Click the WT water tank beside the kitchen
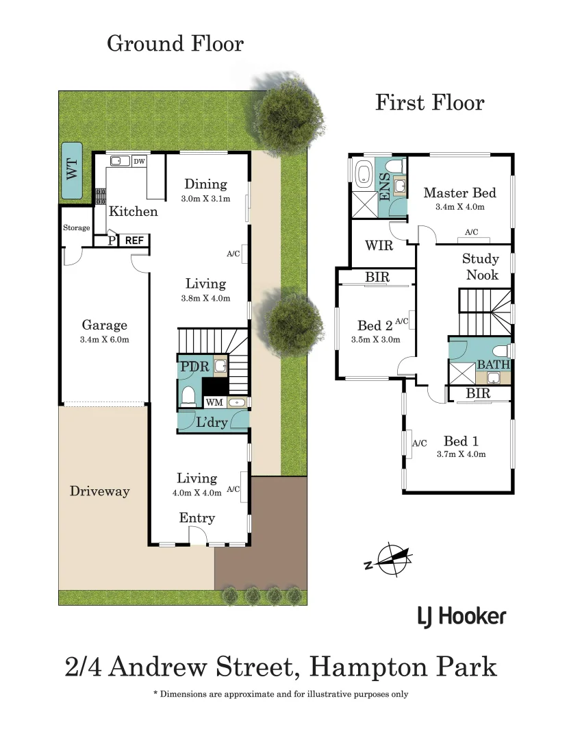coord(71,171)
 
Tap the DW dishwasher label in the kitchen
coord(139,161)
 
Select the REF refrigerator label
coord(134,241)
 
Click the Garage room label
coord(105,325)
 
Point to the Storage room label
coord(76,227)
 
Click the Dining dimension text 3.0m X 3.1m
coord(206,199)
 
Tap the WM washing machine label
coord(214,402)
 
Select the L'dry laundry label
coord(212,422)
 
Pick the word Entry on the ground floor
coord(197,518)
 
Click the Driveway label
coord(99,491)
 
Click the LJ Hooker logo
coord(461,616)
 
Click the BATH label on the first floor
coord(493,365)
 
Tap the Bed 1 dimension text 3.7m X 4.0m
coord(461,454)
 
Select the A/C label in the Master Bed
coord(472,232)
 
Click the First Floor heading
coord(429,103)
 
